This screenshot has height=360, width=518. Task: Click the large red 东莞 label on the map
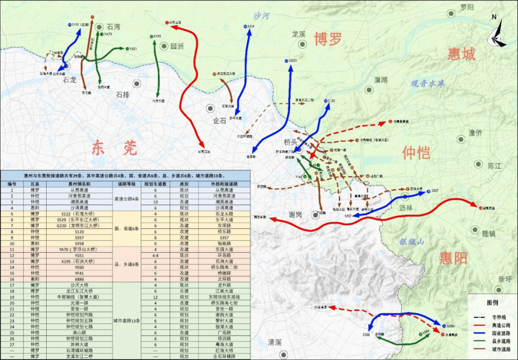point(114,148)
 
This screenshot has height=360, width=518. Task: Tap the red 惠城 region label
point(461,54)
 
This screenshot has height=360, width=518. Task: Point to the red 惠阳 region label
point(453,258)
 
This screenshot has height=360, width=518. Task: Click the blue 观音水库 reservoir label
point(427,84)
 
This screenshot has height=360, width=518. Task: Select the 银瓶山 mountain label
point(412,242)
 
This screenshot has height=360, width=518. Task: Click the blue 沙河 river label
point(262,16)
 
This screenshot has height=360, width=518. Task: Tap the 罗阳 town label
point(466,7)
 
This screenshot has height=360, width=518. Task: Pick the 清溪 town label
point(275,342)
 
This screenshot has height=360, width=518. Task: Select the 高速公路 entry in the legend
point(496,325)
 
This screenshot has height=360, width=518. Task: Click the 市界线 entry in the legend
point(496,317)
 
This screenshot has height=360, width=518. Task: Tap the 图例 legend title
point(492,303)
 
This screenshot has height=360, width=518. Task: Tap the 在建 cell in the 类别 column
point(184,291)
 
